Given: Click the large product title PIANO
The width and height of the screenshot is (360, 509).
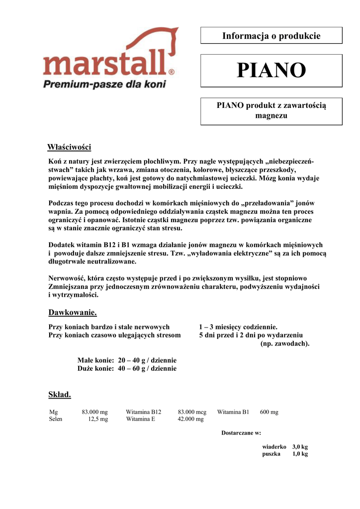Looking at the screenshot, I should point(271,71).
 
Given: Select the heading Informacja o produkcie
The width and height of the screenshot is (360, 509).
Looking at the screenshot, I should point(271,36).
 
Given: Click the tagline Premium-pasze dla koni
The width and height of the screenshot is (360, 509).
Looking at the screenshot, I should point(104,84).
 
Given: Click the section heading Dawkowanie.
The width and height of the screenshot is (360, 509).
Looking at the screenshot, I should point(72,313).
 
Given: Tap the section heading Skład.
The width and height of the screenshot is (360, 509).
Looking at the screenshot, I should point(60,395).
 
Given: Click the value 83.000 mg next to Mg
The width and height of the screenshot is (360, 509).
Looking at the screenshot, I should point(94,412).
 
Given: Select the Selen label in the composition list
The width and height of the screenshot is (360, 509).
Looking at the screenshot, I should point(56,419).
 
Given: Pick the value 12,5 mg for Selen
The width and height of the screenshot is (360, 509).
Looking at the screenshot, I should point(98,419).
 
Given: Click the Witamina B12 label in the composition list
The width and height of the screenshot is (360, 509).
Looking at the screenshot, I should point(144,412).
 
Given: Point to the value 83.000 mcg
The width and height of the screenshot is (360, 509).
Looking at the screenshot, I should point(192,412).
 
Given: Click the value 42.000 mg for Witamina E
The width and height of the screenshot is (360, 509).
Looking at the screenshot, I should point(190,419).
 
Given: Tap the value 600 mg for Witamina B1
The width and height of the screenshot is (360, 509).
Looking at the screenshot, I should point(269,412).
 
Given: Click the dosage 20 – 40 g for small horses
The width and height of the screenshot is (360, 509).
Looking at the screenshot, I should point(131,360).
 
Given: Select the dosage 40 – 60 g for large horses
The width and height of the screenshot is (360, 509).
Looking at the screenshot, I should point(131,369).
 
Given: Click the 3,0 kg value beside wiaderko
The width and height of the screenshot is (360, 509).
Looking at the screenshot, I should point(300,447).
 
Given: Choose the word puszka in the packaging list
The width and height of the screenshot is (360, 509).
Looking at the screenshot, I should point(271,454).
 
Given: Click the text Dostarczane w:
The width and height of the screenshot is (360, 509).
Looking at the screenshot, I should point(241,433).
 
